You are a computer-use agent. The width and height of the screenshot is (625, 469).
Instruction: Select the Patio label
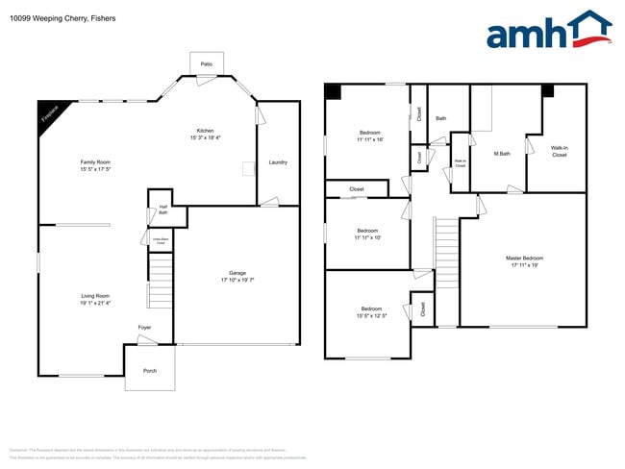[206, 64]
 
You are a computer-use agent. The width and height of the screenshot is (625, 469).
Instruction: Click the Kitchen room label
[205, 131]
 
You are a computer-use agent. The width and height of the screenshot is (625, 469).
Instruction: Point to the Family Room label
[95, 162]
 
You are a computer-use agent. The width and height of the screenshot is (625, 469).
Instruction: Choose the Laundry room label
[278, 162]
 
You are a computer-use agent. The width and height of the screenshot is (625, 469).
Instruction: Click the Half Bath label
[163, 210]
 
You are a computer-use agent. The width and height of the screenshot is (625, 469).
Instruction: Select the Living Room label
[95, 296]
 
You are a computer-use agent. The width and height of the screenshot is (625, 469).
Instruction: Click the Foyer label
[144, 328]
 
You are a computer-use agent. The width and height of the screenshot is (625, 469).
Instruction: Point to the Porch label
[150, 370]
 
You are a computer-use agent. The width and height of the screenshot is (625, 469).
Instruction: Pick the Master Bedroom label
[525, 258]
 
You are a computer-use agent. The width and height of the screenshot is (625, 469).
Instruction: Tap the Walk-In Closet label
[559, 151]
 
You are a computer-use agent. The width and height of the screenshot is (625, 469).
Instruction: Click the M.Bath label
[501, 154]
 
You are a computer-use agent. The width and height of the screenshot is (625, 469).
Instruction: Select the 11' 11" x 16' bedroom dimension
[370, 140]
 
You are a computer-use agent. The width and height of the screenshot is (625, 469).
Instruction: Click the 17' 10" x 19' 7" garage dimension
[237, 281]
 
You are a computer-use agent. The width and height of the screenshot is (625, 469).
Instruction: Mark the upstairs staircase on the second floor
[446, 252]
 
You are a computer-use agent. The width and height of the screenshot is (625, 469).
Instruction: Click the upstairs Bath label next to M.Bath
[440, 118]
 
